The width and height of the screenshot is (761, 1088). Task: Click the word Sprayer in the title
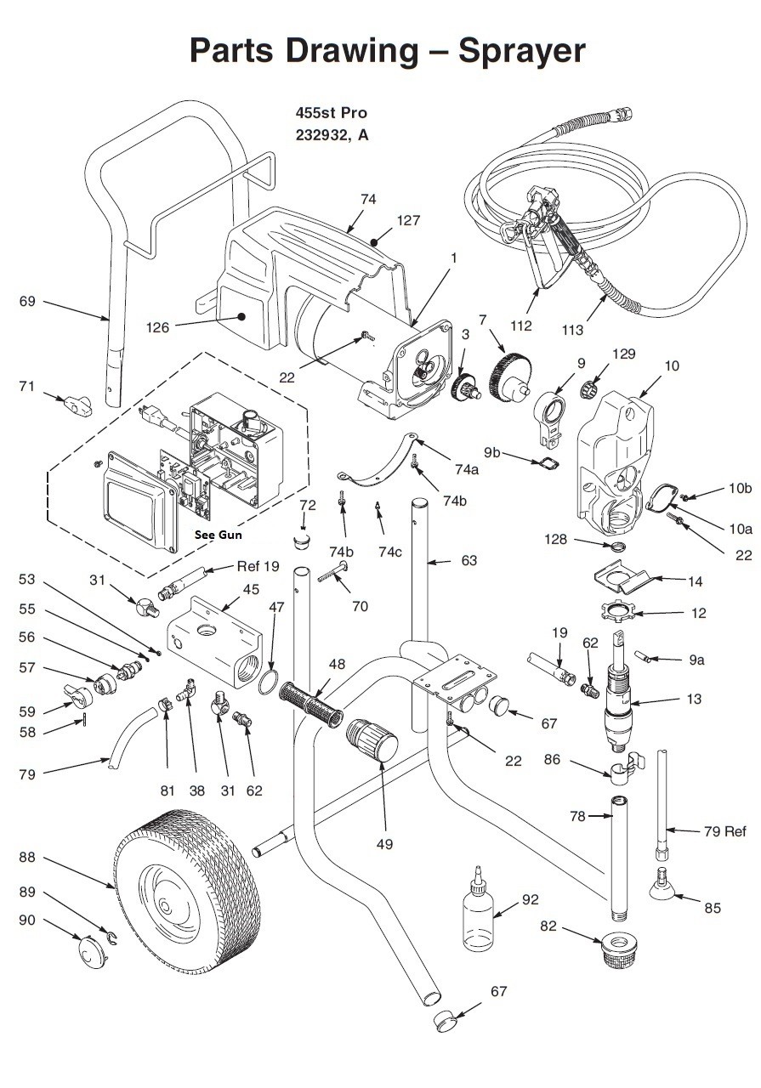(x=521, y=51)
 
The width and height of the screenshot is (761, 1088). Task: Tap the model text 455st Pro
(x=332, y=113)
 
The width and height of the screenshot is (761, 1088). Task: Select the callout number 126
(x=157, y=327)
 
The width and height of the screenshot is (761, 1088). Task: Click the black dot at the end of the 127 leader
(x=373, y=242)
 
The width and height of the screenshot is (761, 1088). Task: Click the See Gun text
(x=218, y=535)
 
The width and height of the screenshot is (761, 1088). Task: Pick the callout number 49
(x=384, y=844)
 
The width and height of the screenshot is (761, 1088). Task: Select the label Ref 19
(x=258, y=566)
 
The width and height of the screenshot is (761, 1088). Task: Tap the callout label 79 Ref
(x=724, y=831)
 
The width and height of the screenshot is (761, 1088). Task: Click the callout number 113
(x=572, y=330)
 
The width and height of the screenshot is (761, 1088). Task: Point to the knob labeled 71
(x=77, y=405)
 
